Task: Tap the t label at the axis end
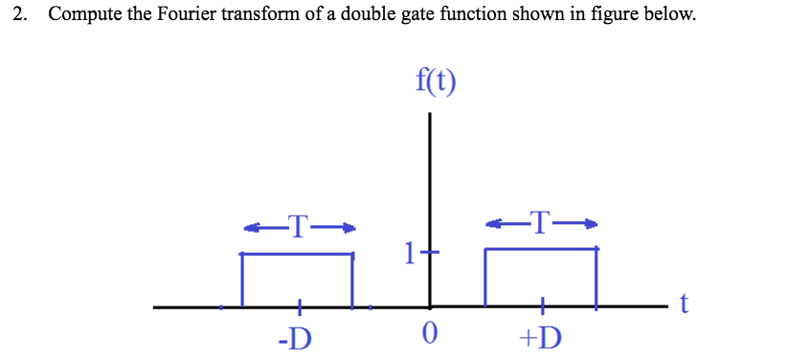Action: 684,304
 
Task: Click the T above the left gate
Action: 299,227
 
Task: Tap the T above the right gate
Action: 541,223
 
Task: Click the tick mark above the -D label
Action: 299,307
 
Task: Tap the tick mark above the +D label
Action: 542,307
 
